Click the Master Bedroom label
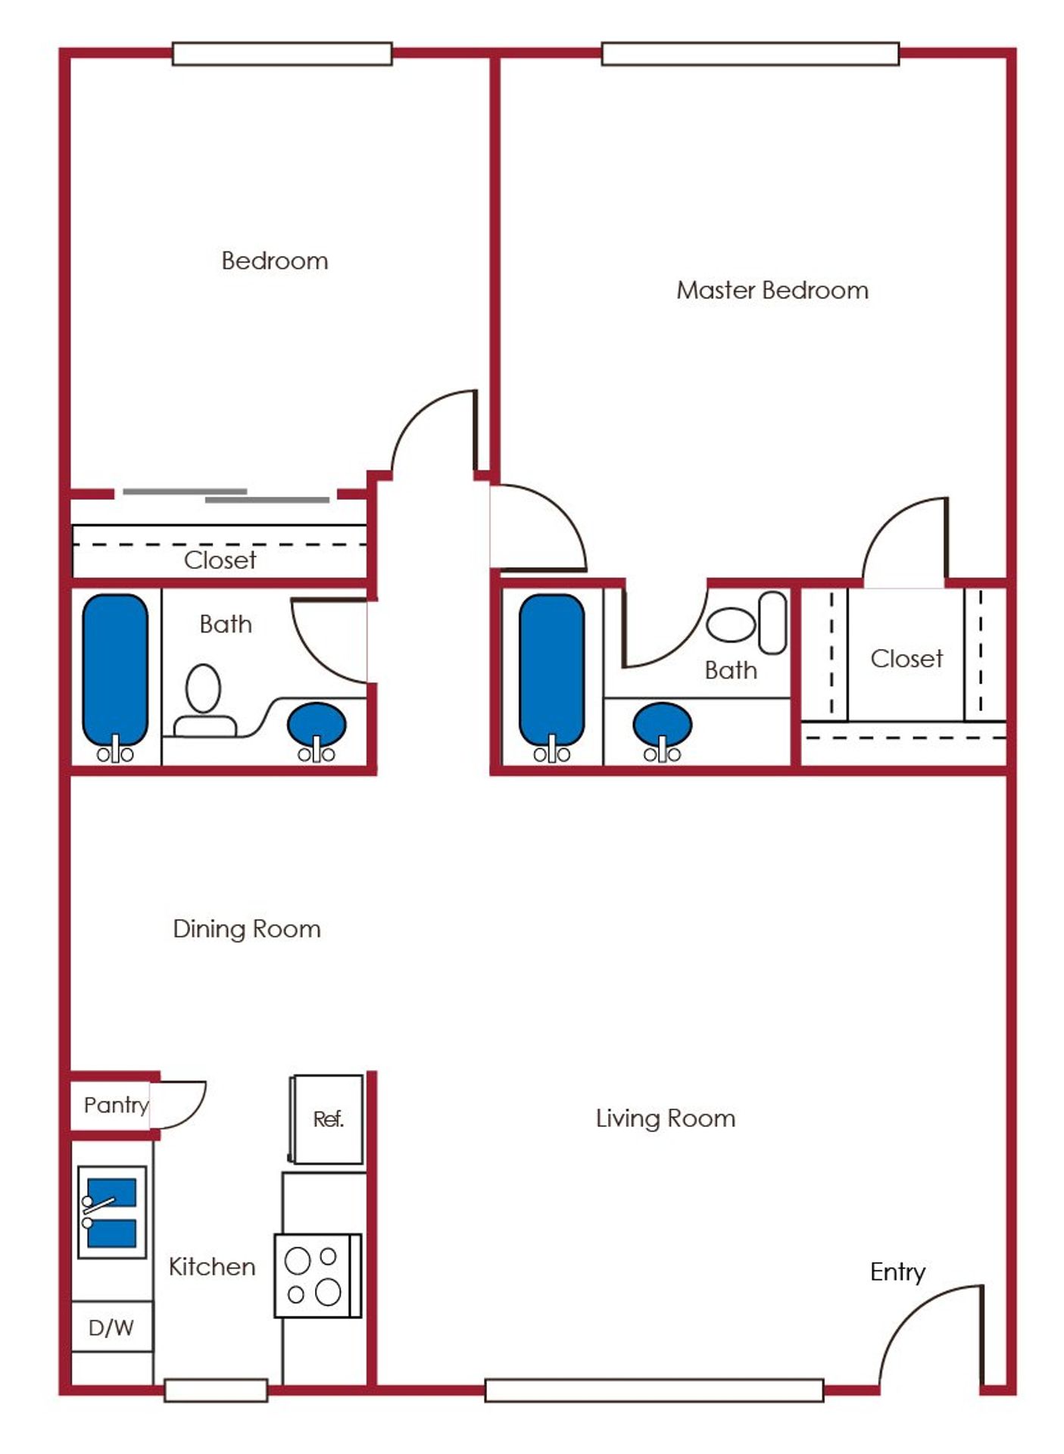772,290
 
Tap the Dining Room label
247,928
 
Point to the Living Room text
666,1119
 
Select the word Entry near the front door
897,1272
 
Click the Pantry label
116,1106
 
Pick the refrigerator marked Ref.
326,1119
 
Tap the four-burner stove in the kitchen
317,1275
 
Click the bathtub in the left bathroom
115,676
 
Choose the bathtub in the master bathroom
552,676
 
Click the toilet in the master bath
747,623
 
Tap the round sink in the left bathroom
317,729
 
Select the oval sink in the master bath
662,728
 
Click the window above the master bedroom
750,54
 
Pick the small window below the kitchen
216,1390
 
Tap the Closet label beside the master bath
906,659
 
